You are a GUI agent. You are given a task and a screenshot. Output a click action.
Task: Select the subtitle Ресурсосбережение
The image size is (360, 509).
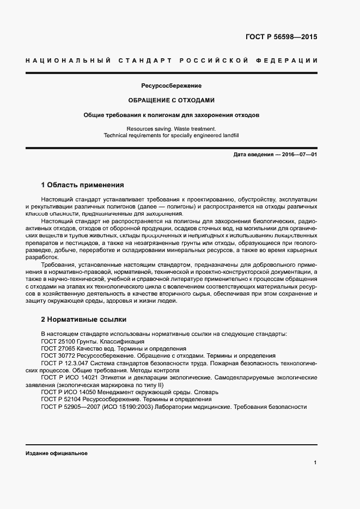tap(172, 86)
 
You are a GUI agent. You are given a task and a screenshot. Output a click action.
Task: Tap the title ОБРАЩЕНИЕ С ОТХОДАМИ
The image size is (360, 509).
tap(172, 101)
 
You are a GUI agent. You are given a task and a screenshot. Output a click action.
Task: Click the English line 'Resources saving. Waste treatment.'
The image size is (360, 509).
tap(172, 129)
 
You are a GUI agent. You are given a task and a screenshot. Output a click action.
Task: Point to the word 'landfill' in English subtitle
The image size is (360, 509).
tap(228, 135)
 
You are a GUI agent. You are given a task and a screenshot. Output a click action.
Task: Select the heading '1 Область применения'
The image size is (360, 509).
tap(83, 185)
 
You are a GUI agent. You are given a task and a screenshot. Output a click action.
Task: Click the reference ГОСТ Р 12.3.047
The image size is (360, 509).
tap(64, 363)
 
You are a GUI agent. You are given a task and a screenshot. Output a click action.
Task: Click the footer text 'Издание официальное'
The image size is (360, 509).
tap(57, 453)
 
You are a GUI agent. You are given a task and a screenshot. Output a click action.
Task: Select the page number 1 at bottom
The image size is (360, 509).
tap(315, 463)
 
